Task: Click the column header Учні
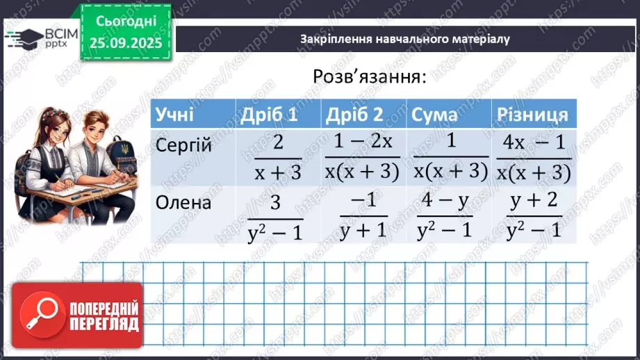pyautogui.click(x=175, y=115)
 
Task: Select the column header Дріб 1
pyautogui.click(x=268, y=115)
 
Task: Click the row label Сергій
pyautogui.click(x=183, y=147)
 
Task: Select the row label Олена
pyautogui.click(x=183, y=203)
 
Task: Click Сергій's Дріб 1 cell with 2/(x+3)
pyautogui.click(x=277, y=158)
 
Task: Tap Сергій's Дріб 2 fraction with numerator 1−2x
pyautogui.click(x=363, y=158)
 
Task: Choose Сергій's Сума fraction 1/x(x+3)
pyautogui.click(x=450, y=158)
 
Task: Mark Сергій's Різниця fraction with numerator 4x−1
pyautogui.click(x=534, y=158)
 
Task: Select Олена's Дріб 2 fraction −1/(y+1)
pyautogui.click(x=363, y=215)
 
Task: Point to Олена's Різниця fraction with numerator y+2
pyautogui.click(x=534, y=215)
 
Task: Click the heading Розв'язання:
pyautogui.click(x=369, y=76)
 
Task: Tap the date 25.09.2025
pyautogui.click(x=125, y=42)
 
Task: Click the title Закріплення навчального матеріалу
pyautogui.click(x=405, y=39)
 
